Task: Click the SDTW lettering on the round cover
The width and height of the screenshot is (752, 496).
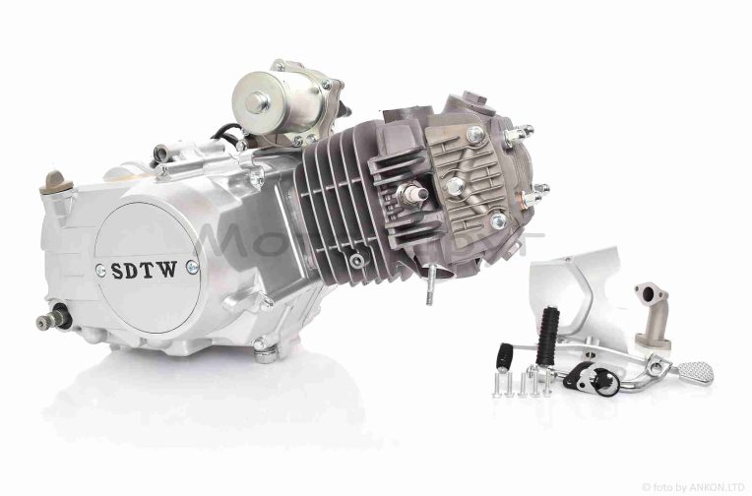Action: [x=145, y=270]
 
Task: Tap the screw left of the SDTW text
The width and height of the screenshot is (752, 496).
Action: [x=100, y=270]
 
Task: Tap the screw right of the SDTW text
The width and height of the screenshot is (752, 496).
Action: [x=192, y=267]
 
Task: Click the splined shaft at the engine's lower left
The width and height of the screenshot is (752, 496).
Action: [x=49, y=321]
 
